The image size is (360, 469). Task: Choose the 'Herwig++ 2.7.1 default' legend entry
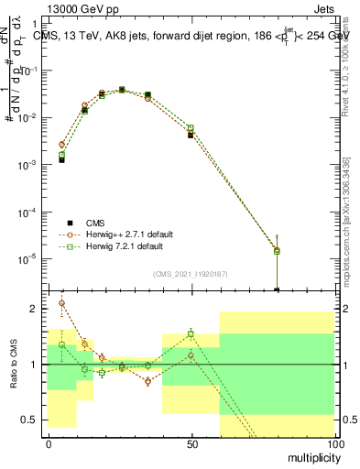[x=125, y=234]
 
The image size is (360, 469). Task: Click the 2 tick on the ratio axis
[x=38, y=309]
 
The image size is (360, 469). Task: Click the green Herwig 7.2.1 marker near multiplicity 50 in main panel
[x=191, y=128]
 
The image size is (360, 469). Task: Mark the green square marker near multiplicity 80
[x=277, y=250]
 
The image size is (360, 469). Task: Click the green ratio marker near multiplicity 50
[x=191, y=333]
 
